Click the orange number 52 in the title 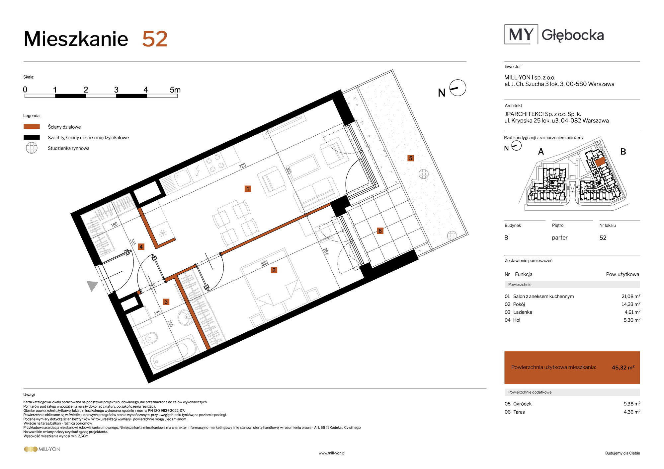[155, 39]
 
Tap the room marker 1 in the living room [248, 189]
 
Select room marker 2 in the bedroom [274, 270]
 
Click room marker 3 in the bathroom [166, 302]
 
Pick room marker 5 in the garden [411, 158]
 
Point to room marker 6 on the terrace [380, 231]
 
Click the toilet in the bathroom [148, 338]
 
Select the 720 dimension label [243, 166]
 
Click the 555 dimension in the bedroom [265, 263]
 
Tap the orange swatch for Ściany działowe [32, 127]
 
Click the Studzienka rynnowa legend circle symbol [32, 148]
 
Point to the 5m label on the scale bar [175, 90]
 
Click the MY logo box [521, 34]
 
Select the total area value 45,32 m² [623, 368]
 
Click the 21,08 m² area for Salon [631, 296]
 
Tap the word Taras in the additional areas [519, 412]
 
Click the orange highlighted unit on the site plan [600, 162]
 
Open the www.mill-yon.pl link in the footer [332, 453]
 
